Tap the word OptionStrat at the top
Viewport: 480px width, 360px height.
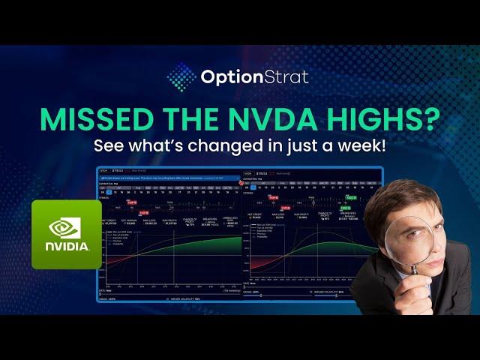coord(254,76)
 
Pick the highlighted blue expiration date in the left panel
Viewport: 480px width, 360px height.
coord(109,192)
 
